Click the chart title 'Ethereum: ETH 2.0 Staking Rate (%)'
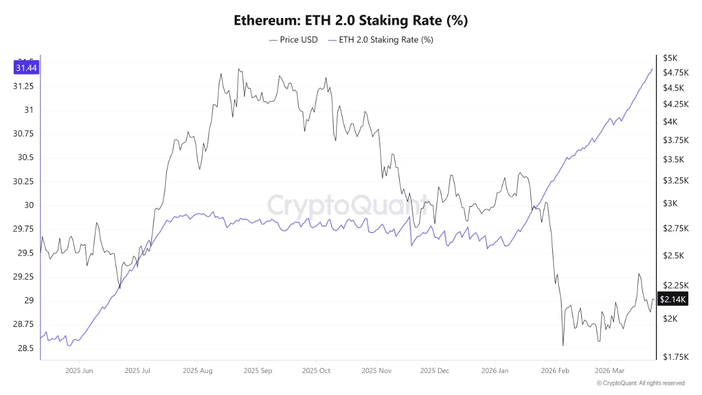tap(350, 21)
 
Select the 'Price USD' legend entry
tap(293, 39)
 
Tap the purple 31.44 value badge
tap(26, 68)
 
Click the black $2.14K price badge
tap(672, 299)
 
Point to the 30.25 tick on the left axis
tap(22, 182)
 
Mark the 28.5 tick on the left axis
tap(26, 348)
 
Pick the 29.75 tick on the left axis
tap(22, 229)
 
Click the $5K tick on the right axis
tap(670, 58)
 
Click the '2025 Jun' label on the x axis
tap(80, 371)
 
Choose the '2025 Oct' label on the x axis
tap(316, 371)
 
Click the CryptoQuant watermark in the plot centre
tap(347, 205)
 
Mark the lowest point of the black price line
tap(563, 346)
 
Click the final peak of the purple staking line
tap(652, 69)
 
